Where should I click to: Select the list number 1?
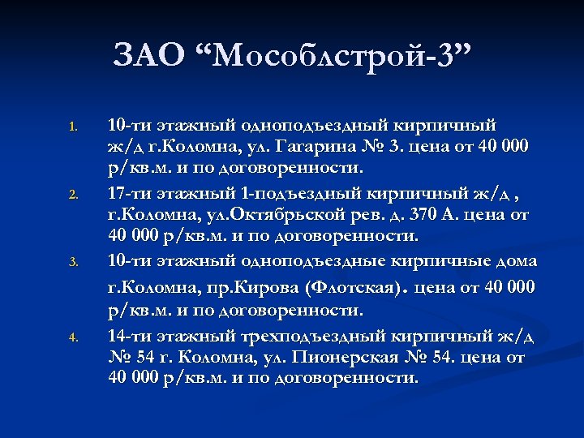point(71,126)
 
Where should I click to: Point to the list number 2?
point(71,194)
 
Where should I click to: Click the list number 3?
point(71,262)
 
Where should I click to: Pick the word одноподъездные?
point(312,260)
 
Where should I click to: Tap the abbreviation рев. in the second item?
point(378,215)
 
